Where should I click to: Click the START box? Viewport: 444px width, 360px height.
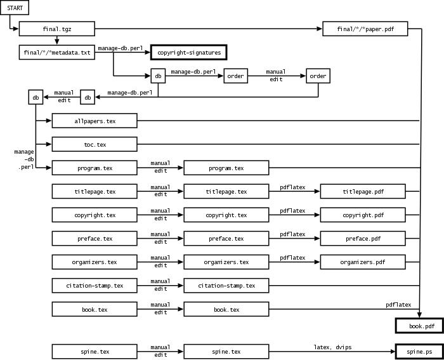[15, 8]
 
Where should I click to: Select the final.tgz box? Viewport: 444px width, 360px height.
[57, 29]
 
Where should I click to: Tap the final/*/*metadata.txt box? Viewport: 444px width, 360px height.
[57, 52]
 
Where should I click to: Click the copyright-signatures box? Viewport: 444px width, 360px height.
[189, 52]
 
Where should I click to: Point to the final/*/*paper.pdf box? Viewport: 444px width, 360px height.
[365, 29]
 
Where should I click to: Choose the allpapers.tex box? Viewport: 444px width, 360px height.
[95, 121]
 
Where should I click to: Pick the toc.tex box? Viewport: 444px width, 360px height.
[95, 144]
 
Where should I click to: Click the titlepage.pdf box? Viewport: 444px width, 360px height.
[363, 191]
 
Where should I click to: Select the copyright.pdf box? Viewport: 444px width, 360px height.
[363, 215]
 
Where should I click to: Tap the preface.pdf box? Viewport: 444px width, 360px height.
[363, 238]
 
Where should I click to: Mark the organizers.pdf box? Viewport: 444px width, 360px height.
[363, 262]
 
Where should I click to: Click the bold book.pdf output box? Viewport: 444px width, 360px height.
[419, 326]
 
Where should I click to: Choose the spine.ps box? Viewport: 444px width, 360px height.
[419, 352]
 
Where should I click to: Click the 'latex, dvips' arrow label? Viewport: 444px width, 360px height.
[332, 347]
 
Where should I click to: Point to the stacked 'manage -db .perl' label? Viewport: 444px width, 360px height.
[24, 159]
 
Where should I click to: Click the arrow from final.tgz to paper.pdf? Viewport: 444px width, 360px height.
[209, 29]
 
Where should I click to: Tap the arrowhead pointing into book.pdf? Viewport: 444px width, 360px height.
[419, 315]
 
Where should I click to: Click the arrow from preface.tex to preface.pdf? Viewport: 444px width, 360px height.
[294, 238]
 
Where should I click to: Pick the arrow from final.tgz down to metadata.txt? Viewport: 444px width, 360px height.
[57, 40]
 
